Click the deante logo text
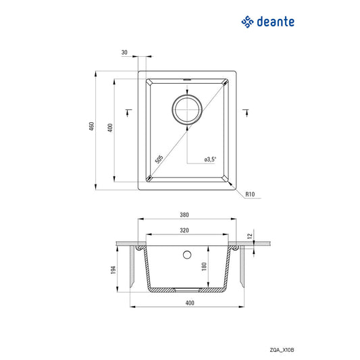[276, 22]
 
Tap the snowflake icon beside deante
[248, 22]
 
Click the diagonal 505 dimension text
[158, 159]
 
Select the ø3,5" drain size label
[209, 159]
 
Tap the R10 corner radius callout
[249, 195]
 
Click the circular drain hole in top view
[186, 109]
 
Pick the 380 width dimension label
[184, 215]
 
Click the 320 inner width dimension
[184, 230]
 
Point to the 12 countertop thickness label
[250, 236]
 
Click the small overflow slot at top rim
[187, 80]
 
